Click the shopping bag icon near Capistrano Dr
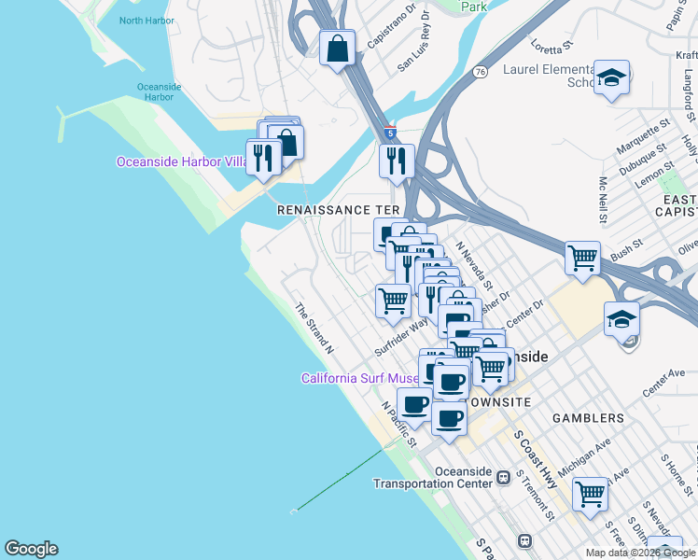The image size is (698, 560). (x=337, y=48)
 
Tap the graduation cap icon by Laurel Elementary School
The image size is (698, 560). (x=612, y=79)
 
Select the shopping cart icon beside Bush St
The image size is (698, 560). (x=583, y=256)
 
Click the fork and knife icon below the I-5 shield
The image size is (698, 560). (x=398, y=160)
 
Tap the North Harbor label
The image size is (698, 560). (x=147, y=21)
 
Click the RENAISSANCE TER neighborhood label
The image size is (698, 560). (x=339, y=211)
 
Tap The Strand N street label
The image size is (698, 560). (x=314, y=328)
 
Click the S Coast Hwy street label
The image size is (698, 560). (x=536, y=458)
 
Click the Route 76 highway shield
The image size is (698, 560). (x=480, y=72)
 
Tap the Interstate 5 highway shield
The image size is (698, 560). (x=389, y=133)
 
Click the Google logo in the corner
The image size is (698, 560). (x=31, y=549)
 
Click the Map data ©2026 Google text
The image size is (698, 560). (x=639, y=553)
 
